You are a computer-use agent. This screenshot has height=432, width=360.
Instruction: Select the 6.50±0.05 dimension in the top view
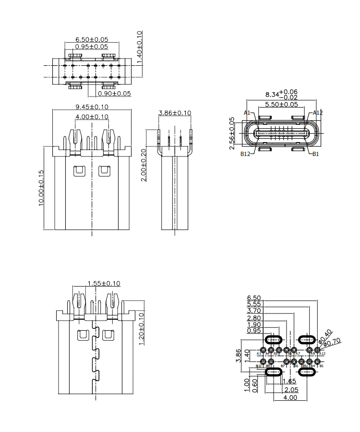coord(92,39)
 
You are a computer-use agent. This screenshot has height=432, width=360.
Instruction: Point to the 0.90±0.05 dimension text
coord(114,94)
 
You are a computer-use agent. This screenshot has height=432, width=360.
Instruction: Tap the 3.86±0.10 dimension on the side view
coord(175,113)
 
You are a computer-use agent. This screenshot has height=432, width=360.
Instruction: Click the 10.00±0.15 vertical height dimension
coord(41,188)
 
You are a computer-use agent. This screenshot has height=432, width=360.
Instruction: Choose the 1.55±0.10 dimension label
coord(104,283)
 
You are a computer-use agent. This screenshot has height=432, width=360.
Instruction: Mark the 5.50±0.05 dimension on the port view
coord(281,104)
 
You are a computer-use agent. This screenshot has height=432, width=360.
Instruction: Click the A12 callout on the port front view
coord(318,113)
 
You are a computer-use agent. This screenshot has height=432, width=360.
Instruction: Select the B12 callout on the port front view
coord(246,154)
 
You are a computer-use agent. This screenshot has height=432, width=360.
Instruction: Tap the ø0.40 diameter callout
coord(325,336)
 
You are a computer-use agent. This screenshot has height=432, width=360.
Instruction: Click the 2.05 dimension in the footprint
coord(291,389)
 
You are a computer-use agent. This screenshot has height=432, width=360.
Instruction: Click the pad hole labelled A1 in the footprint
coord(263,349)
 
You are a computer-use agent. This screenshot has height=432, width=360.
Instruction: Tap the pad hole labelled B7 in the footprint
coord(287,361)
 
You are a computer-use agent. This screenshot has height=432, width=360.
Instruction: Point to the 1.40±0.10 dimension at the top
coord(140,45)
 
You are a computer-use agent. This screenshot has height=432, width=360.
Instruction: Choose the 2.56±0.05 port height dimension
coord(232,131)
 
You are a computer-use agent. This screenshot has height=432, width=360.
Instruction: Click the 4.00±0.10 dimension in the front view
coord(92,117)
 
